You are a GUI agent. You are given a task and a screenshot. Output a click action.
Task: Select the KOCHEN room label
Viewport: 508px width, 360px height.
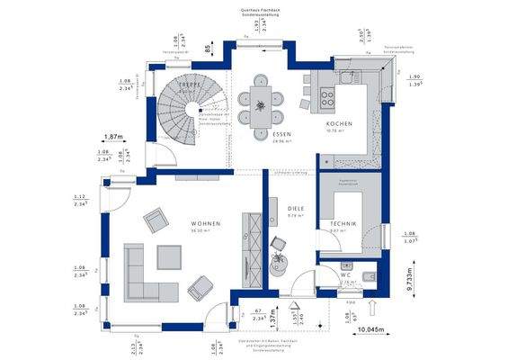[339, 124]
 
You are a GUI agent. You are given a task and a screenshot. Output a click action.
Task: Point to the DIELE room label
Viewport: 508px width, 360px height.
[296, 207]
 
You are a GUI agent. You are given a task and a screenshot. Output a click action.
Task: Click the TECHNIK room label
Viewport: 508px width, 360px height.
[343, 222]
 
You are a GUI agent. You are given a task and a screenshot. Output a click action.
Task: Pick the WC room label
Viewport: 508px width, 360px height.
[345, 274]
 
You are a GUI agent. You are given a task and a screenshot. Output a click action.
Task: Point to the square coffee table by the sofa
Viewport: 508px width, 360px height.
[169, 257]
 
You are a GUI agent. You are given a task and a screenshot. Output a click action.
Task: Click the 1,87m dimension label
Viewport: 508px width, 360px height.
[112, 137]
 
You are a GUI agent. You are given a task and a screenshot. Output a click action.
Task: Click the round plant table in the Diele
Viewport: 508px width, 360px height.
[280, 262]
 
